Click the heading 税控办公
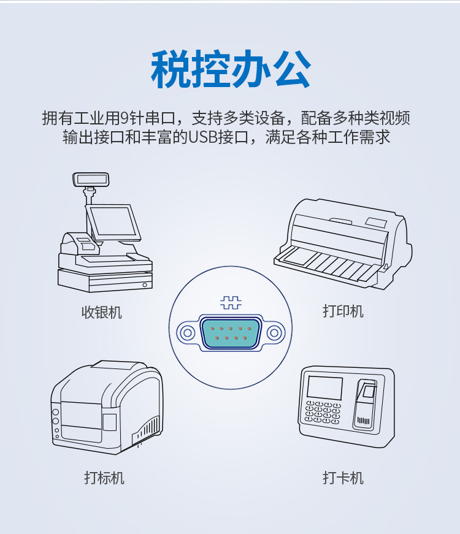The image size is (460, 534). click(x=231, y=69)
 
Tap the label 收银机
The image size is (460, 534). click(x=102, y=312)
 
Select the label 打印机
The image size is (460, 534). click(x=343, y=311)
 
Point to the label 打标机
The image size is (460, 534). click(x=104, y=478)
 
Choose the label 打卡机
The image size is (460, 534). click(x=343, y=478)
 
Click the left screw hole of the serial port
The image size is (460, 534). click(x=186, y=332)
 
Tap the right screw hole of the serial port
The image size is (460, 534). click(x=274, y=332)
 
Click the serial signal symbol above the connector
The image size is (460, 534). click(x=231, y=302)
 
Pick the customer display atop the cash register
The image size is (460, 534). click(x=91, y=180)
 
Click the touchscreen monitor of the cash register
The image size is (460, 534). click(x=113, y=223)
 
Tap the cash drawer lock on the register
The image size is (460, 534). click(x=145, y=284)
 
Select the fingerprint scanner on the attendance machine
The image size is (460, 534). click(x=368, y=391)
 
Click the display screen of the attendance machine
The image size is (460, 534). click(x=324, y=387)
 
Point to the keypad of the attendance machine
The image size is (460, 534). click(x=323, y=413)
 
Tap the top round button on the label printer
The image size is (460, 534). click(x=56, y=413)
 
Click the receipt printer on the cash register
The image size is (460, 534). click(x=80, y=243)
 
